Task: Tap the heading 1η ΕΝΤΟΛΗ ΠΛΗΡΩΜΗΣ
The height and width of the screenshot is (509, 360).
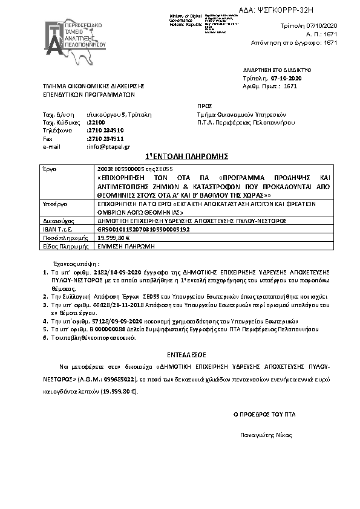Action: [179, 157]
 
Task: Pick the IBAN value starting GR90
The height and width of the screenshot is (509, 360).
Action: [143, 230]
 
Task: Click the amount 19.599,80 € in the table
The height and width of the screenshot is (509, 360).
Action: [114, 239]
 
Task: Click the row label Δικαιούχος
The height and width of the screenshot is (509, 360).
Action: [55, 222]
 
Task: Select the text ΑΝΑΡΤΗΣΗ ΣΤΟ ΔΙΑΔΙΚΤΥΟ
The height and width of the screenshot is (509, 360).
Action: [269, 71]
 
